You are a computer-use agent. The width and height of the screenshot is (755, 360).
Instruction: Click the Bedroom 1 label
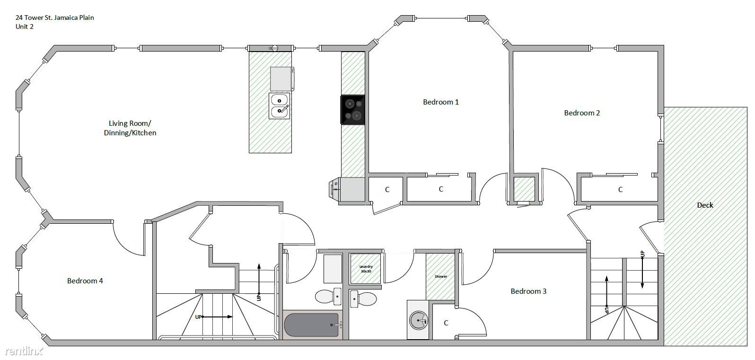[x=441, y=102]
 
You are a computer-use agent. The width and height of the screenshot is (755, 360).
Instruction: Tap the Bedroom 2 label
[x=582, y=113]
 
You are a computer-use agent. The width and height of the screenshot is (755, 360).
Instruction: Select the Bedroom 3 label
[x=528, y=291]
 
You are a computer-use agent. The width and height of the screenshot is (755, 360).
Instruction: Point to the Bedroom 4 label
[x=85, y=281]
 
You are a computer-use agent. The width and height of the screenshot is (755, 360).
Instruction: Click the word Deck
[x=705, y=205]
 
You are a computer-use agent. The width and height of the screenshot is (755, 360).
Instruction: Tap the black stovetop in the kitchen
[x=353, y=110]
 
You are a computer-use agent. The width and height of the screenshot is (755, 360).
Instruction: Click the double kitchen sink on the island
[x=280, y=106]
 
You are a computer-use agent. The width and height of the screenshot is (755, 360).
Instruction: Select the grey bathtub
[x=311, y=325]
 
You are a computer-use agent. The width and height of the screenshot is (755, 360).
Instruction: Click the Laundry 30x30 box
[x=366, y=269]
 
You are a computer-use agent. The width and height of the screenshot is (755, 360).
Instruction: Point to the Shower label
[x=441, y=276]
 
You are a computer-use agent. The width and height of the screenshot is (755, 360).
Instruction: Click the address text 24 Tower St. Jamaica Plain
[x=54, y=18]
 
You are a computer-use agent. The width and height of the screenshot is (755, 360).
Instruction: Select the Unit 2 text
[x=24, y=26]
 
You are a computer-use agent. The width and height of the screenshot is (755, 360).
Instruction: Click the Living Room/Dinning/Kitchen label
[x=130, y=128]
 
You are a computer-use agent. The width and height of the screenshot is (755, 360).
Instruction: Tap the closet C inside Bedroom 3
[x=446, y=323]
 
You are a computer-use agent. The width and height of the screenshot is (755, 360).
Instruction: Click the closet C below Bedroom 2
[x=620, y=189]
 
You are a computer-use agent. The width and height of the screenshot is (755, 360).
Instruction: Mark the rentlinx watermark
[x=24, y=351]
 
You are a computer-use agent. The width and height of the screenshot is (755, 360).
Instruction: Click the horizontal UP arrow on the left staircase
[x=218, y=317]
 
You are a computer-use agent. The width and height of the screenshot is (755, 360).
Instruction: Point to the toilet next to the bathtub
[x=328, y=297]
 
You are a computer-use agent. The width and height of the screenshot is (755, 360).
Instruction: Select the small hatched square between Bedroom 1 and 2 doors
[x=524, y=189]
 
